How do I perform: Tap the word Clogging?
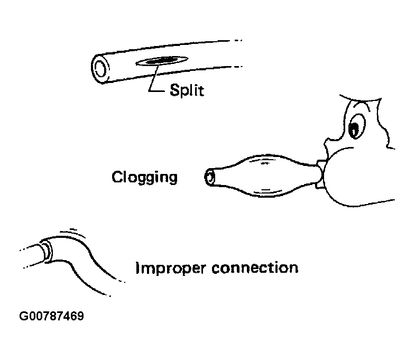tap(144, 176)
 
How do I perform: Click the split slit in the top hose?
tap(161, 62)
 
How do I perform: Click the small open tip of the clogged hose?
tap(210, 178)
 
